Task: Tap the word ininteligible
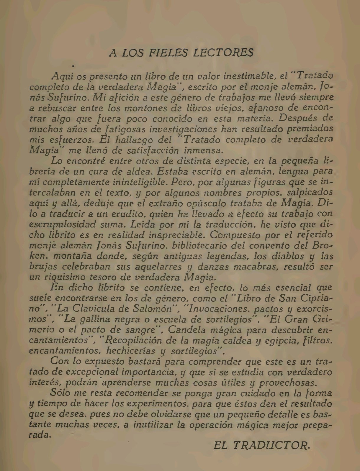(x=126, y=182)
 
